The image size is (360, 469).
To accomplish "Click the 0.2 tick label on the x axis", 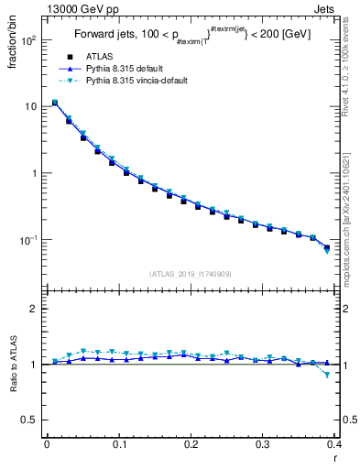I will pyautogui.click(x=191, y=445).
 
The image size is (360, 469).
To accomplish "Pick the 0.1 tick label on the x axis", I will pyautogui.click(x=118, y=445).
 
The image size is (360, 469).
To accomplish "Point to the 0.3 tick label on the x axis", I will pyautogui.click(x=263, y=445).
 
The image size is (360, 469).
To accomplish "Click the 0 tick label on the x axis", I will pyautogui.click(x=47, y=445).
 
